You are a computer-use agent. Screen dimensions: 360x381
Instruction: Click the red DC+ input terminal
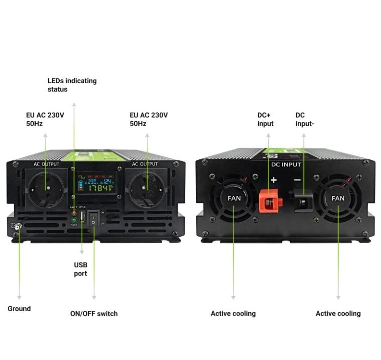(x=269, y=201)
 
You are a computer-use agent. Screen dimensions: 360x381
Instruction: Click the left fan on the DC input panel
(x=234, y=198)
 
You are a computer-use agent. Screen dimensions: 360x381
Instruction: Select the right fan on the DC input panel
(x=338, y=198)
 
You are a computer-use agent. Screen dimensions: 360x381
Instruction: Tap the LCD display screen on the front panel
(x=96, y=184)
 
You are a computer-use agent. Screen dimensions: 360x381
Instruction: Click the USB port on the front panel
(x=82, y=219)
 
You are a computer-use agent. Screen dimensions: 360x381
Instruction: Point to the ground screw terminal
(x=16, y=227)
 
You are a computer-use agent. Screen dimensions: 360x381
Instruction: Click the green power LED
(x=74, y=220)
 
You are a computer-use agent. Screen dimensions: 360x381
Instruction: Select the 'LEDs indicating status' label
(x=72, y=85)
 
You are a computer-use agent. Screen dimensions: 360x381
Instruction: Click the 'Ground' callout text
(x=19, y=309)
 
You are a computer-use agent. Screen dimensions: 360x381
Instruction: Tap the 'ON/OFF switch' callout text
(x=94, y=314)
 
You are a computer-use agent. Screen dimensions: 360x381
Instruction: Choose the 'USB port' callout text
(x=80, y=269)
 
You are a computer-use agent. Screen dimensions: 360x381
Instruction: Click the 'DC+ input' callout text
(x=265, y=119)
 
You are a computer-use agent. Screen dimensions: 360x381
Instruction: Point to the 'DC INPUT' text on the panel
(x=286, y=164)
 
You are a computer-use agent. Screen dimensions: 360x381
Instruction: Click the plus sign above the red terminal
(x=274, y=179)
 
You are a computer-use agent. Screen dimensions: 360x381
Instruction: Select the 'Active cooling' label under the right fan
(x=338, y=314)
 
